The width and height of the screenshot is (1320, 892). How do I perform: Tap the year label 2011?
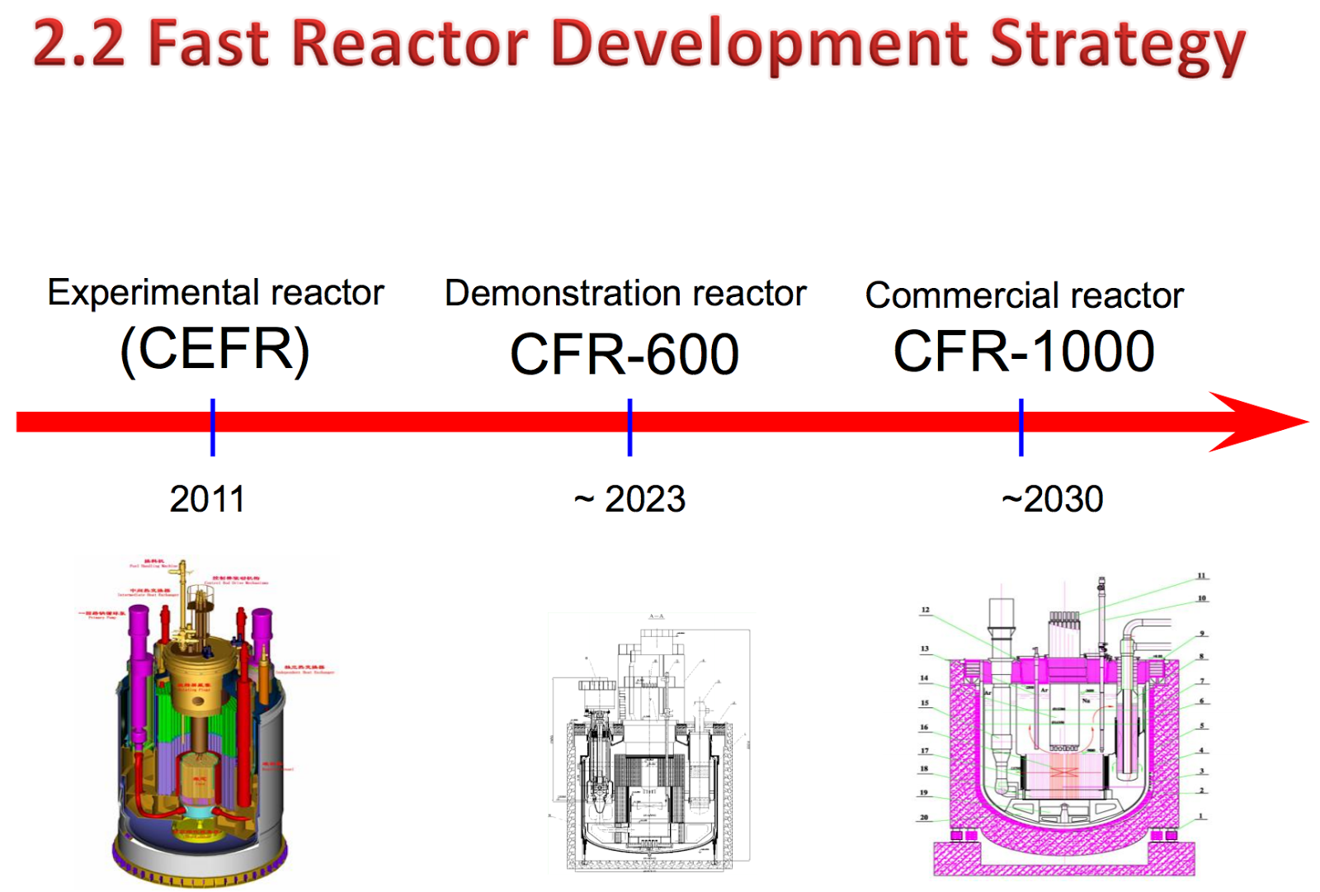point(207,499)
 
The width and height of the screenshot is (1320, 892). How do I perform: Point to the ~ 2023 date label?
point(629,499)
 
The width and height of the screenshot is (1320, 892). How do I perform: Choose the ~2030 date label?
point(1052,499)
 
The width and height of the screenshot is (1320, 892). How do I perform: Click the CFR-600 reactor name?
point(625,355)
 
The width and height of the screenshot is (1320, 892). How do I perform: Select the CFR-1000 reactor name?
point(1024,352)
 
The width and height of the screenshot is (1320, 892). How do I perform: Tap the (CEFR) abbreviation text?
point(214,349)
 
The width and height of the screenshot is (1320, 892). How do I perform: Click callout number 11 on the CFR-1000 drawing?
point(1201,576)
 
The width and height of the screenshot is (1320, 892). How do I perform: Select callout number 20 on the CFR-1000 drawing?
point(924,818)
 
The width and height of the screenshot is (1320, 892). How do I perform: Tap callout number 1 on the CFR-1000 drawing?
point(1201,816)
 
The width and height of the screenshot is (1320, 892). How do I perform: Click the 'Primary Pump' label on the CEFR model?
point(102,615)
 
